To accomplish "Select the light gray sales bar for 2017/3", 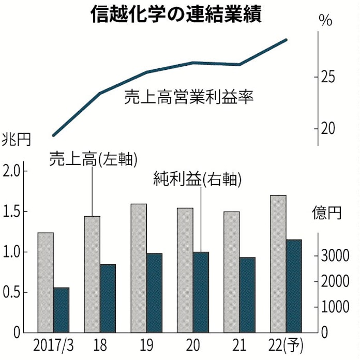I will coord(46,282).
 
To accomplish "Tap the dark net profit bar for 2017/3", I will coord(61,309).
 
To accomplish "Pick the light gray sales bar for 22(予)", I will coord(278,263).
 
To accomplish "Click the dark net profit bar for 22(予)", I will coord(294,286).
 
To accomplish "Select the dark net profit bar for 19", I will coord(154,292).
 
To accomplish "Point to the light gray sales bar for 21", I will coord(232,272).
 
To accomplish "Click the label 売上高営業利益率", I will coord(189,97).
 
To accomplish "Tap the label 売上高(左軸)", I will coord(93,159).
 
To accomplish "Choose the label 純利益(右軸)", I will coord(198,179).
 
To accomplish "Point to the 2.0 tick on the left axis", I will coord(13,171).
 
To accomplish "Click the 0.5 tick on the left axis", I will coord(13,292).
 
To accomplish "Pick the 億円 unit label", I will coord(327,213).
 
